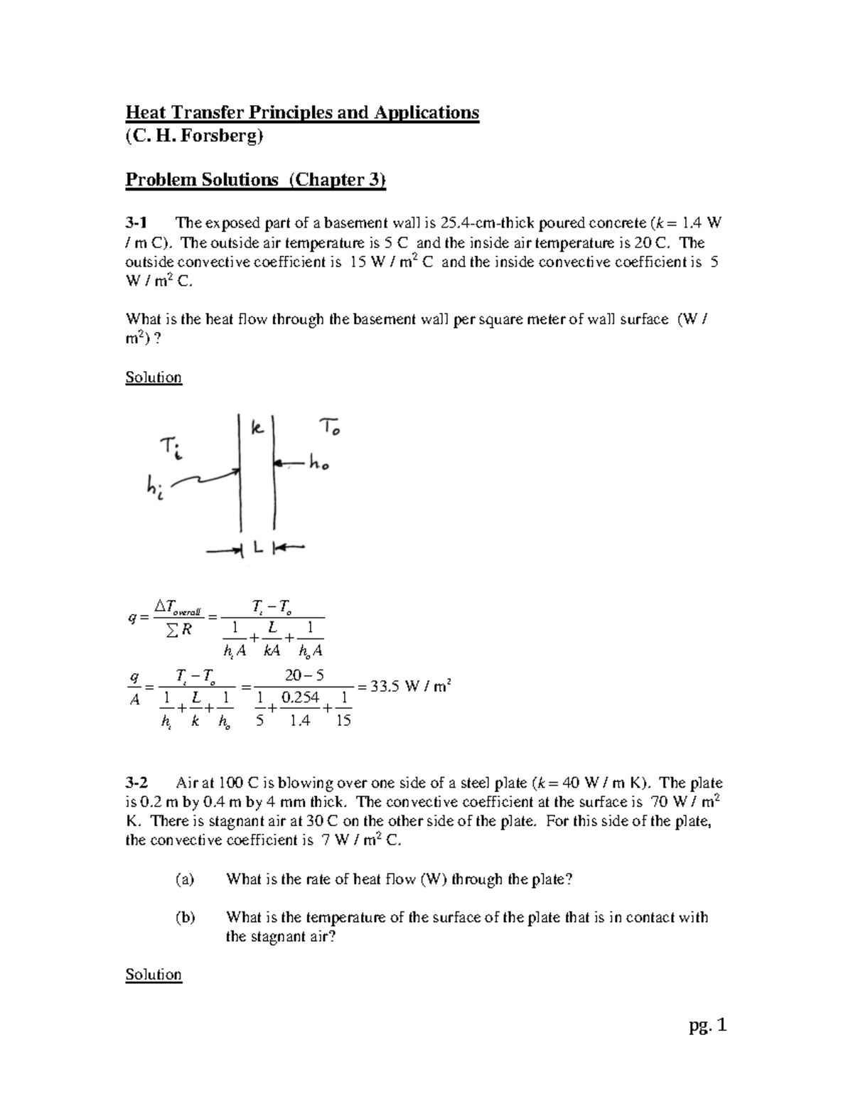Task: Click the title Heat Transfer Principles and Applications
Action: pyautogui.click(x=302, y=113)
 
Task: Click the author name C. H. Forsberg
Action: pyautogui.click(x=194, y=136)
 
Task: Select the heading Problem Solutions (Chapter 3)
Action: pyautogui.click(x=256, y=180)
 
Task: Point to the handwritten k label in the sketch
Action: pyautogui.click(x=257, y=429)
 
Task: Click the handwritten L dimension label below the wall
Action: pyautogui.click(x=257, y=548)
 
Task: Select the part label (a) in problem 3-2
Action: pyautogui.click(x=185, y=879)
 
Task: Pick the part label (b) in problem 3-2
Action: pyautogui.click(x=185, y=918)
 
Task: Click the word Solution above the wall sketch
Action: pyautogui.click(x=154, y=377)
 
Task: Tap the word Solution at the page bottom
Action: pyautogui.click(x=154, y=975)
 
